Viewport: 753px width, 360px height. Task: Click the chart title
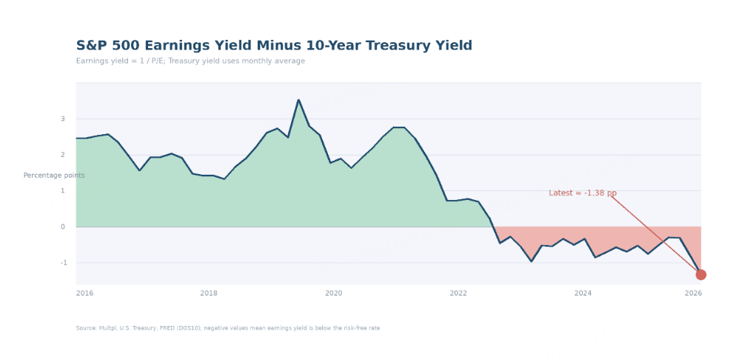pos(274,46)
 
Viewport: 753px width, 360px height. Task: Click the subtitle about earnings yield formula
pos(190,61)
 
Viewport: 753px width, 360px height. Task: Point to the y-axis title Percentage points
pos(54,176)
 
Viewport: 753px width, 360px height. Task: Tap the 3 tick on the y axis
pos(63,119)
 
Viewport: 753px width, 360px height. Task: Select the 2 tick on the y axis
pos(63,155)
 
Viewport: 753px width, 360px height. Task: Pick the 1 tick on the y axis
pos(63,191)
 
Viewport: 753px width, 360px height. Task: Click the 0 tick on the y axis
pos(63,227)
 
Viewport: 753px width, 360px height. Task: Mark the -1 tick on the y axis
pos(62,263)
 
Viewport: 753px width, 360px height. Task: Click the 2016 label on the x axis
pos(85,293)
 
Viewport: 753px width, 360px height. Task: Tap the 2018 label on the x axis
pos(209,293)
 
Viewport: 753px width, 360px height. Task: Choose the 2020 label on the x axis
pos(334,293)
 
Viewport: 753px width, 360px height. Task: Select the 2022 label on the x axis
pos(458,293)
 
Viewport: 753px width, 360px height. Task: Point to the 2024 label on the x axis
pos(583,293)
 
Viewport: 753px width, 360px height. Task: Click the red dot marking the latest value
pos(700,275)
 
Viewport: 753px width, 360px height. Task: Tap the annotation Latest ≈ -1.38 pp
pos(583,193)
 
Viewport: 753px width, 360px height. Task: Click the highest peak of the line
pos(298,100)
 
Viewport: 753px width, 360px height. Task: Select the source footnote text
pos(228,328)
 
